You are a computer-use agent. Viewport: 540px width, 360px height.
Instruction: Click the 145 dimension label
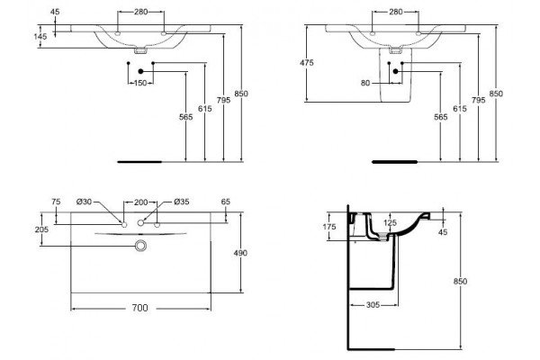tap(40, 36)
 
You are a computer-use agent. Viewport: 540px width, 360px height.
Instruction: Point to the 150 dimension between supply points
tap(140, 83)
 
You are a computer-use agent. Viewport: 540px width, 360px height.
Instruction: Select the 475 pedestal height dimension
tap(307, 63)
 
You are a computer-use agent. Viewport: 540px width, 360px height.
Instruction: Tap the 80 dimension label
tap(365, 83)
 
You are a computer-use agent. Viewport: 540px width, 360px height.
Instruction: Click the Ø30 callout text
tap(84, 202)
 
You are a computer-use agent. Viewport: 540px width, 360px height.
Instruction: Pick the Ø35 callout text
tap(182, 202)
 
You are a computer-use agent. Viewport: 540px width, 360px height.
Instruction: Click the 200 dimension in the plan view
tap(140, 202)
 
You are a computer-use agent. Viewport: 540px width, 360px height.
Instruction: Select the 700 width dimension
tap(140, 308)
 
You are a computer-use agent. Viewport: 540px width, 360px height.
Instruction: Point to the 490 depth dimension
tap(240, 253)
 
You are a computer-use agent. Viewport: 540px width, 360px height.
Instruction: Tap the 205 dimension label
tap(41, 229)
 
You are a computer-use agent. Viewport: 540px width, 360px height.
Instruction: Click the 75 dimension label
tap(56, 202)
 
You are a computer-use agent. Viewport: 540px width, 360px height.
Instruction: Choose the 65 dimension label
tap(226, 202)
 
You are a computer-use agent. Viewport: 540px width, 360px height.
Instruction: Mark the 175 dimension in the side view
tap(329, 227)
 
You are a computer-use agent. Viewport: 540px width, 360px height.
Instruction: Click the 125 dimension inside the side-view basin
tap(390, 223)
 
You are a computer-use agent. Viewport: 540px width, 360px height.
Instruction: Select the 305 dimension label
tap(373, 305)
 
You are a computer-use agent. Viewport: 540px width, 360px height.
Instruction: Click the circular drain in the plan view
tap(140, 246)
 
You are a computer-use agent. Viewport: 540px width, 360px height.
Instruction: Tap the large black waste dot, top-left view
tap(140, 71)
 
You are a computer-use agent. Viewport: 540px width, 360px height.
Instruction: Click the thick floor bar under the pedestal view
tap(395, 162)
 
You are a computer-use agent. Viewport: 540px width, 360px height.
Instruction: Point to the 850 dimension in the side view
tap(460, 282)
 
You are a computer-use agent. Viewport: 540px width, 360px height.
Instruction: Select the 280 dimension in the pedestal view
tap(396, 12)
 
